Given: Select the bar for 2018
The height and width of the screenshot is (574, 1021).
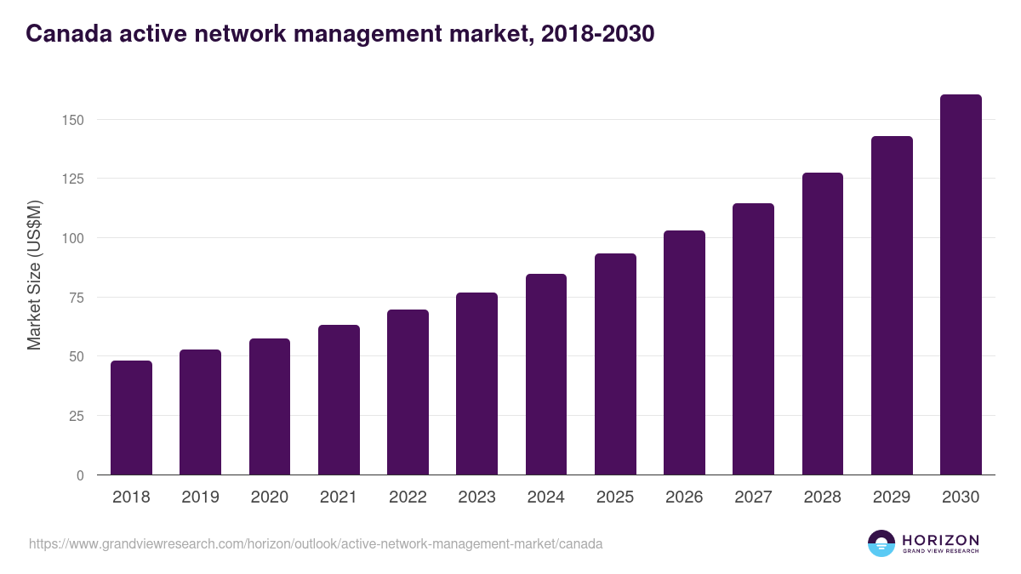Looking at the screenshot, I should click(x=131, y=418).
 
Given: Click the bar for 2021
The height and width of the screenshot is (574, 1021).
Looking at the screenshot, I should click(x=339, y=400).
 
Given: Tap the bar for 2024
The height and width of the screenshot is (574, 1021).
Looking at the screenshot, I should click(x=546, y=374).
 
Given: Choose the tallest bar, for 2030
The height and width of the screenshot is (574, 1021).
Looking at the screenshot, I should click(x=961, y=285).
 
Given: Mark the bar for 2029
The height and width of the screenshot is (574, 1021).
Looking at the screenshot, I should click(x=892, y=305).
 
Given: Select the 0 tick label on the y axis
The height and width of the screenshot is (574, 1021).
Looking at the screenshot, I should click(x=80, y=475).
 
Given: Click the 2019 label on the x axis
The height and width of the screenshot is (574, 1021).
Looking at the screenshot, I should click(x=200, y=497).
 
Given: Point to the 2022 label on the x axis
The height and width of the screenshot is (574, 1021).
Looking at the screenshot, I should click(x=408, y=497).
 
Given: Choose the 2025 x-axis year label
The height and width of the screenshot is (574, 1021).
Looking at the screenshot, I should click(x=615, y=497).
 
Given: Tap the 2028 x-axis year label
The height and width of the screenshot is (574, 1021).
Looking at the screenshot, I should click(x=823, y=497).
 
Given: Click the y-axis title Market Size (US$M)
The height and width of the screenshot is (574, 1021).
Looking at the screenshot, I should click(x=35, y=275).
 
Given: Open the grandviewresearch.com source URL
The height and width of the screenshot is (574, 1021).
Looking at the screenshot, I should click(x=316, y=543).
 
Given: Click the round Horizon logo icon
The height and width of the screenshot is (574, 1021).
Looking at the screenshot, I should click(x=881, y=543).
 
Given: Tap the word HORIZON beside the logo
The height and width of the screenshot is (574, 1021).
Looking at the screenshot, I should click(x=940, y=540).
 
